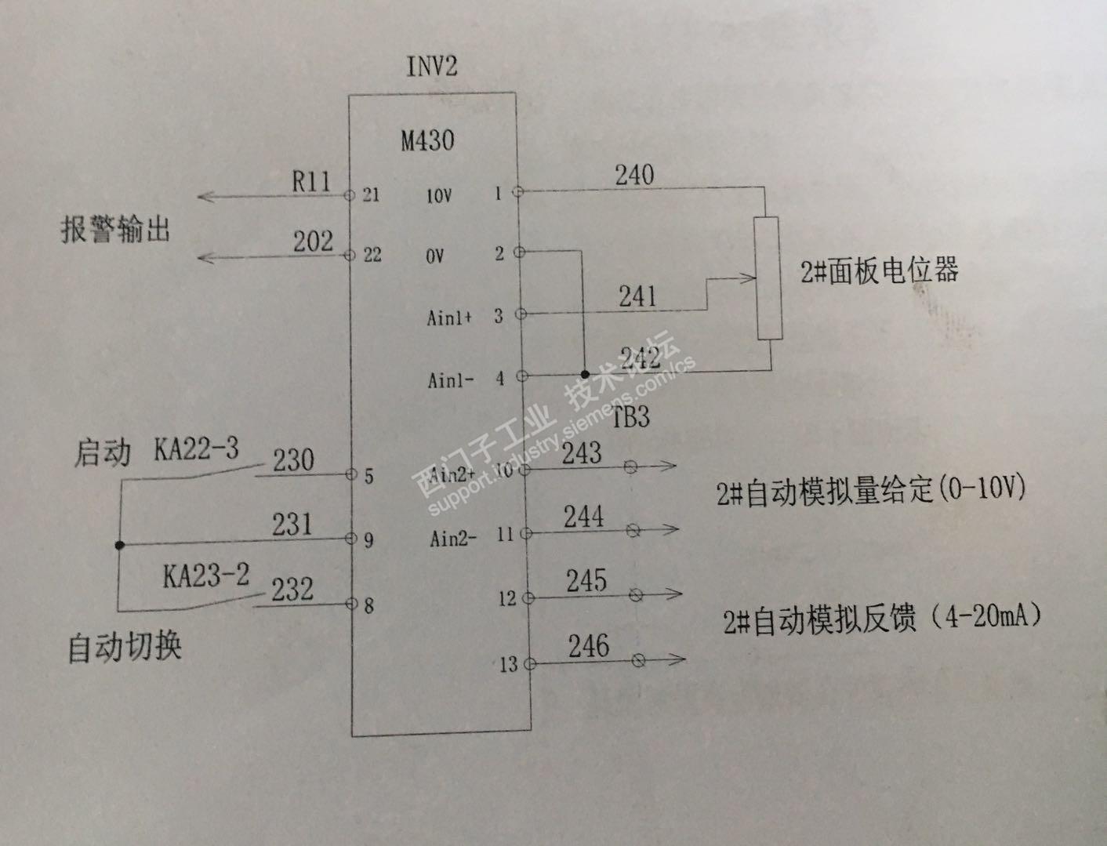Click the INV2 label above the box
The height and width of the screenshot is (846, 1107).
point(431,66)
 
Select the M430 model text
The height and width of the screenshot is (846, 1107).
point(427,141)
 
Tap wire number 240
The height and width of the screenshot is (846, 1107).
point(634,174)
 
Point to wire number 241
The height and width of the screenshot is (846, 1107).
point(637,296)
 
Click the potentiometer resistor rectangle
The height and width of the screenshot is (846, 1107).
point(768,278)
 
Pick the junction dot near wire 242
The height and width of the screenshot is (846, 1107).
point(585,375)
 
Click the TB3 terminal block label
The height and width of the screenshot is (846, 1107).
point(631,417)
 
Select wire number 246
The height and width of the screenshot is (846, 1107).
point(588,646)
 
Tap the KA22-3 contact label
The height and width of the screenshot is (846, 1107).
point(196,449)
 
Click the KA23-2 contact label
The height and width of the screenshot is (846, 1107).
point(205,576)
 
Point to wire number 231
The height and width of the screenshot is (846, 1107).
point(292,524)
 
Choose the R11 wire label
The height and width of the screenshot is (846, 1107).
point(311,182)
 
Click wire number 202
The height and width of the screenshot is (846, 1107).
point(313,241)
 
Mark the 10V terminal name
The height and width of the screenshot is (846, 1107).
point(438,196)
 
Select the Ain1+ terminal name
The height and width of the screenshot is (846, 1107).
point(449,318)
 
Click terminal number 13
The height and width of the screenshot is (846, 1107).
point(509,665)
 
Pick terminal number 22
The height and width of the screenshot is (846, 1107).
point(372,255)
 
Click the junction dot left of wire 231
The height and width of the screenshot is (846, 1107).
point(119,545)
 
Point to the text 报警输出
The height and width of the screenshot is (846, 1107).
point(115,231)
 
